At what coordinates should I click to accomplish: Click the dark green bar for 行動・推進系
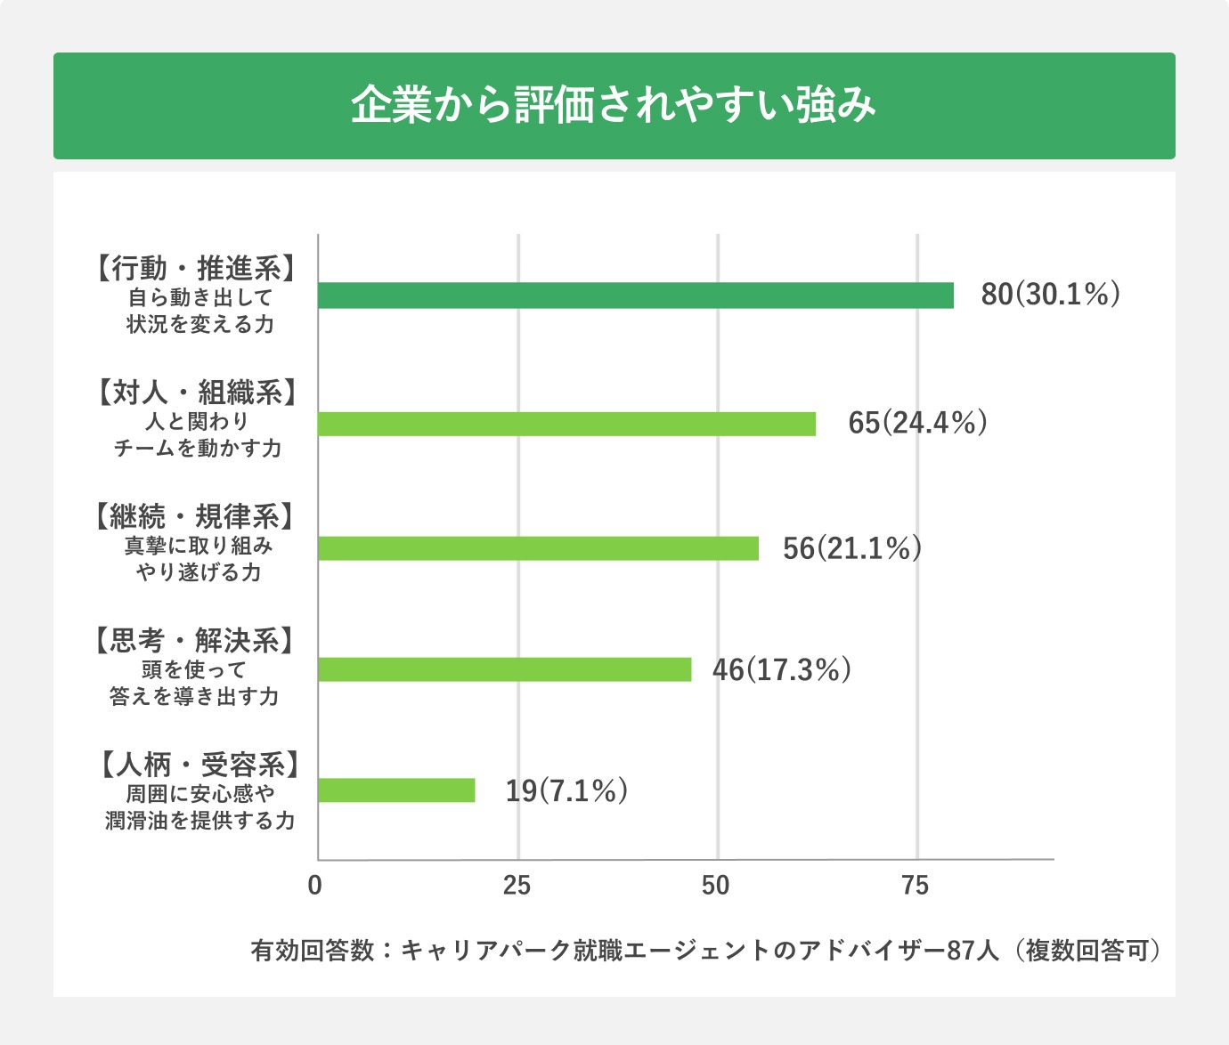(635, 296)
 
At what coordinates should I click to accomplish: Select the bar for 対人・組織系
(566, 424)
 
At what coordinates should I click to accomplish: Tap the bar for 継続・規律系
(538, 548)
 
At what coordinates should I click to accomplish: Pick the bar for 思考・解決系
(504, 669)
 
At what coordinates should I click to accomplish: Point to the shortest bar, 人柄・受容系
(396, 790)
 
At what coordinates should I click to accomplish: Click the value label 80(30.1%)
(1050, 295)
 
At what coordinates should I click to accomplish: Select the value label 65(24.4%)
(917, 423)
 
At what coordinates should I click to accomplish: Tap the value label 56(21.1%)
(851, 548)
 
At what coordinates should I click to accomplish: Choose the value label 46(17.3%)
(781, 669)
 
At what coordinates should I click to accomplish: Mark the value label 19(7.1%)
(566, 790)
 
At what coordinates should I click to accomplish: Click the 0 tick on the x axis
(314, 887)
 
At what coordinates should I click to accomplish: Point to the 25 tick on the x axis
(517, 887)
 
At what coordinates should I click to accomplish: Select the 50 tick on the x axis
(715, 887)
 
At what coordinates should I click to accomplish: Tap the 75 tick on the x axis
(916, 887)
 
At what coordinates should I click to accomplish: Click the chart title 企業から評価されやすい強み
(614, 106)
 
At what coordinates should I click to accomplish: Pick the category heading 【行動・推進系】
(195, 268)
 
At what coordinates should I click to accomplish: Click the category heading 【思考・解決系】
(195, 641)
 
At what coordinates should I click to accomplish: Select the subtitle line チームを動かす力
(198, 449)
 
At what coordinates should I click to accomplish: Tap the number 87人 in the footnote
(972, 951)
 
